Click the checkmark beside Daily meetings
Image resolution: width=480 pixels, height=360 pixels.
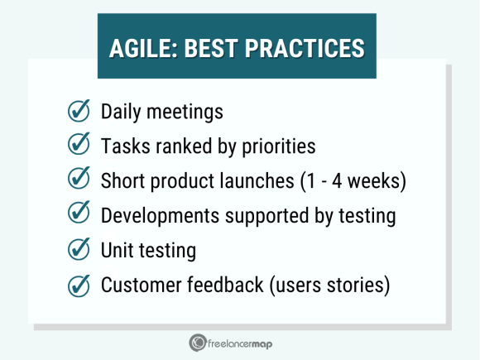tap(79, 111)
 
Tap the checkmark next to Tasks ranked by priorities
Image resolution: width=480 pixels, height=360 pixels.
tap(79, 146)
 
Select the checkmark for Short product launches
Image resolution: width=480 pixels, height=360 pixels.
tap(79, 180)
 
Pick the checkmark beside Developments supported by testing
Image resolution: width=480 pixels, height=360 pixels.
tap(79, 215)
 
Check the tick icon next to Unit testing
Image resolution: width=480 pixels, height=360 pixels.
tap(79, 250)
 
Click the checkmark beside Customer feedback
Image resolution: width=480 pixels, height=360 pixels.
tap(79, 285)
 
